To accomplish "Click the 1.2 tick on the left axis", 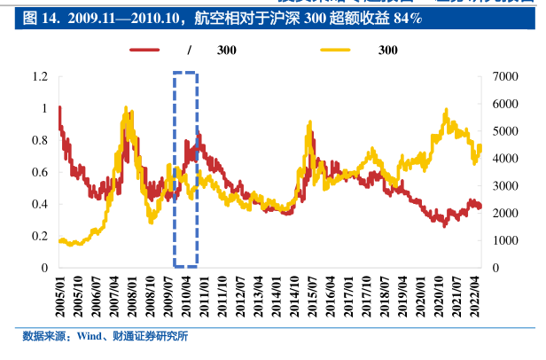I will point(39,77).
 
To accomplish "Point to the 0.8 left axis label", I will point(39,140).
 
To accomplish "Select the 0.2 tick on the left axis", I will point(39,236).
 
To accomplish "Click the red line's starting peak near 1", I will point(59,108).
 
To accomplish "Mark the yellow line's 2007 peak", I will point(126,109).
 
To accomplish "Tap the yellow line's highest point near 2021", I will point(445,110).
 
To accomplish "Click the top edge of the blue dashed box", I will point(185,74).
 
